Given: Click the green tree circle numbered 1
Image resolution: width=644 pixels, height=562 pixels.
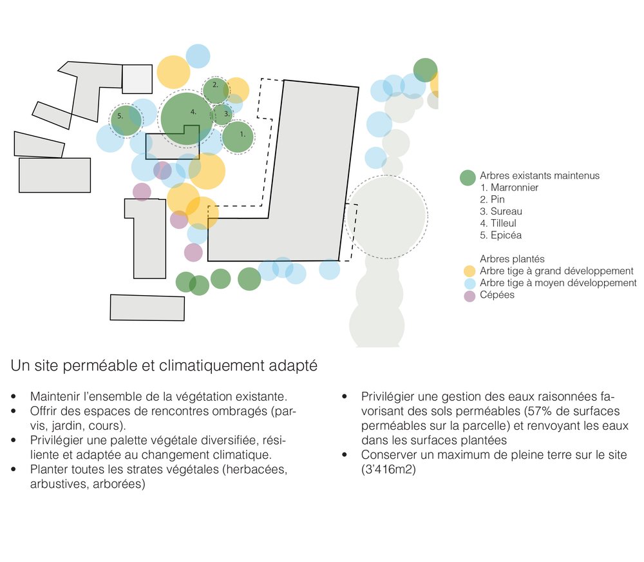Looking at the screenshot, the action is [238, 137].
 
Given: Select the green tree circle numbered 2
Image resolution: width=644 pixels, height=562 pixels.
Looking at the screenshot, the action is [216, 90].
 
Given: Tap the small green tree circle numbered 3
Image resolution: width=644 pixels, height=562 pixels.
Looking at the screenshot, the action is [222, 114].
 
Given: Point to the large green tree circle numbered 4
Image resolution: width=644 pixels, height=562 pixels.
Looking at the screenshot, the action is [187, 119].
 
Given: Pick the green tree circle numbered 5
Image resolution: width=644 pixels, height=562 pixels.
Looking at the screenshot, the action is [126, 121].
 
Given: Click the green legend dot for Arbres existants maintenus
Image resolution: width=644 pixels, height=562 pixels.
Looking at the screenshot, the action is [468, 178].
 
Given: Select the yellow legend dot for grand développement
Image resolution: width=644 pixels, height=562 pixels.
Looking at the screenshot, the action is [469, 271].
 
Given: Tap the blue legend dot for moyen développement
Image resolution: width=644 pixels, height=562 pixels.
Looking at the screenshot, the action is [469, 284].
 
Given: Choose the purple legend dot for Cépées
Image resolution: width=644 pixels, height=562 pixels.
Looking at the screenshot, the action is [469, 296].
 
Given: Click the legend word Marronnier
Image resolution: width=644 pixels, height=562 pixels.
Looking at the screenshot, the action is [514, 188].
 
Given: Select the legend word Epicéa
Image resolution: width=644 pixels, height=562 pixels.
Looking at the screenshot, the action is [506, 236].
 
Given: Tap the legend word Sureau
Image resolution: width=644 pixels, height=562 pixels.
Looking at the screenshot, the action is [506, 211].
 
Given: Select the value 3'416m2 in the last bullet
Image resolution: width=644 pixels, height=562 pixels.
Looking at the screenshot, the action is [388, 469].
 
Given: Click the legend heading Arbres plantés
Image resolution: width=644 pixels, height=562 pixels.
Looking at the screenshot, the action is [512, 259].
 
